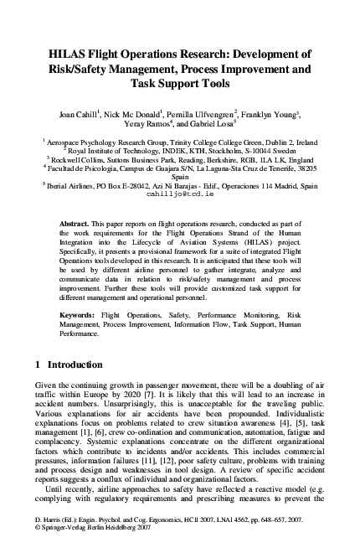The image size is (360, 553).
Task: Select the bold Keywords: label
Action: [80, 314]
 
